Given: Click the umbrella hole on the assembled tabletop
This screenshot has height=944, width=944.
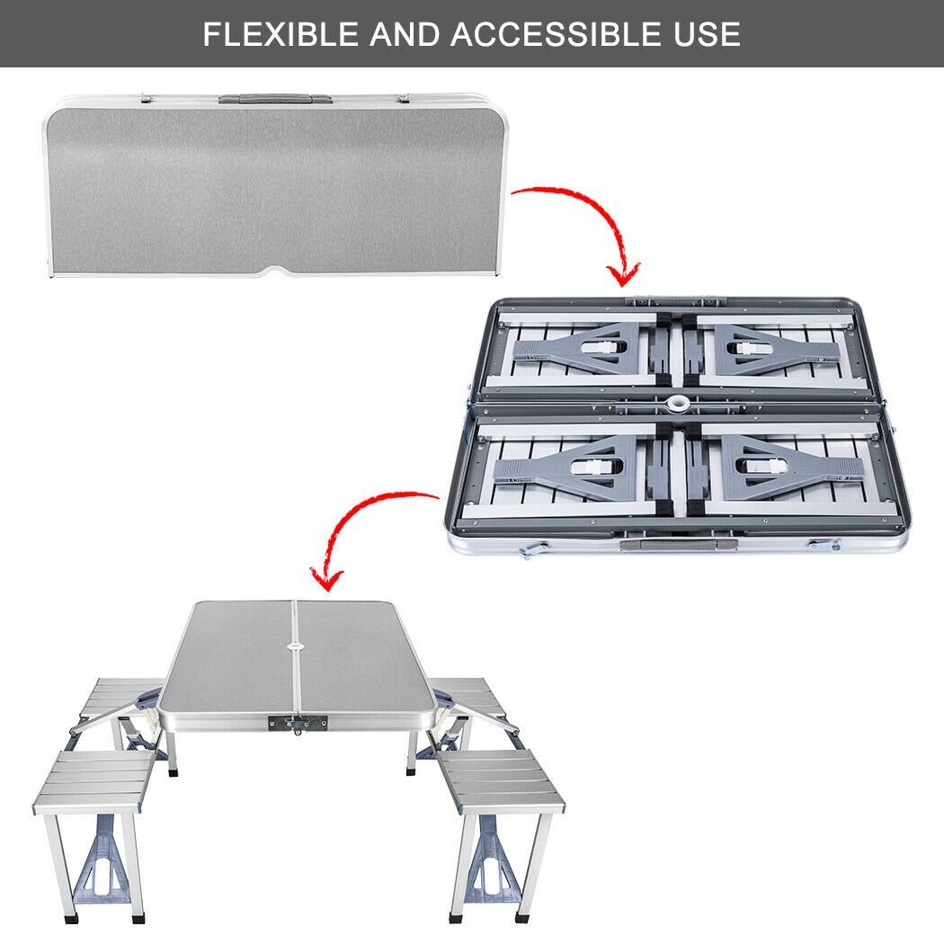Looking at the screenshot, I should point(295,644).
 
